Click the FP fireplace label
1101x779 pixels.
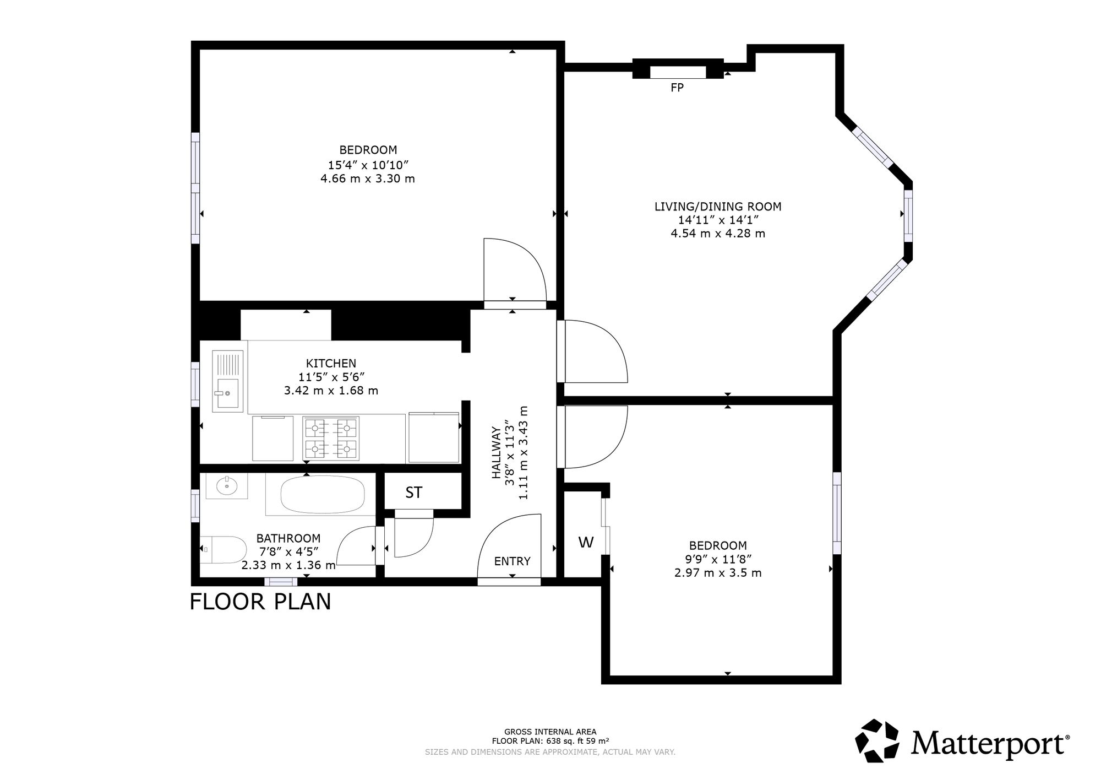pyautogui.click(x=677, y=87)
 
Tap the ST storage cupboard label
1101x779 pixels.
pyautogui.click(x=414, y=493)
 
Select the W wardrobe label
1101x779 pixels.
pyautogui.click(x=586, y=543)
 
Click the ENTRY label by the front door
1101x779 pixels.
pyautogui.click(x=512, y=561)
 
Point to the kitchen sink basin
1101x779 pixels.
pyautogui.click(x=227, y=394)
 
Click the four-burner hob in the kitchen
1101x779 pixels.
pyautogui.click(x=331, y=438)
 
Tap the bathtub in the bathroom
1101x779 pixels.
pyautogui.click(x=322, y=495)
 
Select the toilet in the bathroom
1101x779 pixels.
pyautogui.click(x=223, y=549)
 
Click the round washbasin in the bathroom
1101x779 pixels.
pyautogui.click(x=226, y=486)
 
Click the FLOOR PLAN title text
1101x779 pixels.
pyautogui.click(x=260, y=602)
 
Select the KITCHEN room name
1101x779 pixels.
pyautogui.click(x=331, y=364)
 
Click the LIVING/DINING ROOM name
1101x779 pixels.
pyautogui.click(x=718, y=207)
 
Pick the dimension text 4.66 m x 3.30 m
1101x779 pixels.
pyautogui.click(x=368, y=178)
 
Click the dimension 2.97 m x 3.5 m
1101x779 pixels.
pyautogui.click(x=718, y=572)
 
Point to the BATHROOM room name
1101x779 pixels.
pyautogui.click(x=288, y=538)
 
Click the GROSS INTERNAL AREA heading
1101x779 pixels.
pyautogui.click(x=550, y=732)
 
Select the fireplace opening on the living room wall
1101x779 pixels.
pyautogui.click(x=678, y=72)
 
